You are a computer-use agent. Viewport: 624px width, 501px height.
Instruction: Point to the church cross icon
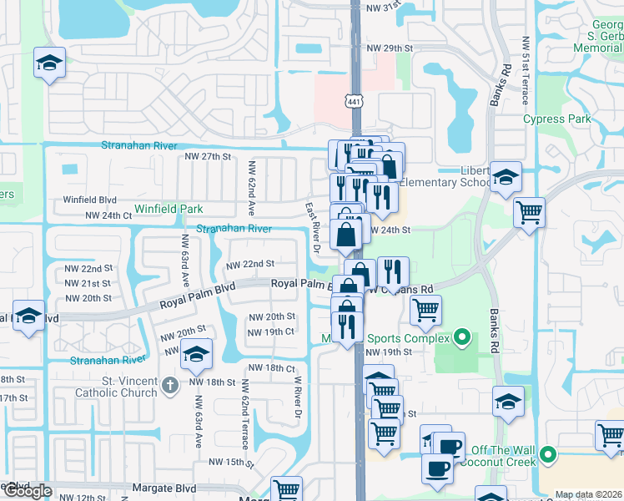pos(170,385)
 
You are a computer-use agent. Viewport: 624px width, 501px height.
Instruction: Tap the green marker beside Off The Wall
pos(547,455)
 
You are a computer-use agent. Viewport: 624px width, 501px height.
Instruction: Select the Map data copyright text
pos(589,494)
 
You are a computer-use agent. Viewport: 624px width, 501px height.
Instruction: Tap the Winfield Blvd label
pos(90,200)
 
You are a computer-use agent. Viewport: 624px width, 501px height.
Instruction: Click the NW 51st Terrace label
pos(526,70)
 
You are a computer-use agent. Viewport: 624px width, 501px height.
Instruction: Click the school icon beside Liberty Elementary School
pos(505,178)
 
